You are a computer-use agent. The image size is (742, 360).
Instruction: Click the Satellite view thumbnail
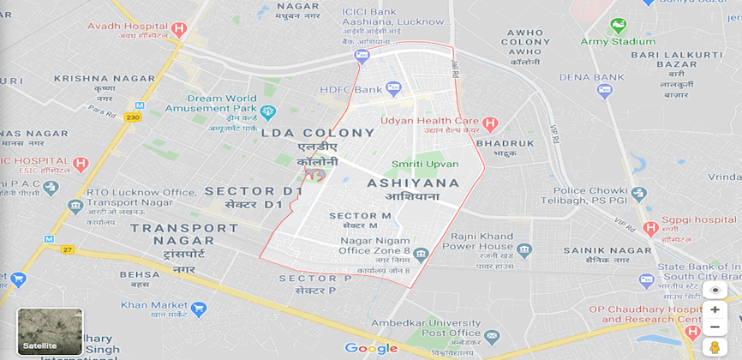click(50, 332)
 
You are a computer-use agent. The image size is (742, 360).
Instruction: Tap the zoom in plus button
click(715, 309)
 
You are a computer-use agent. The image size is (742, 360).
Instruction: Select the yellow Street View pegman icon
click(714, 347)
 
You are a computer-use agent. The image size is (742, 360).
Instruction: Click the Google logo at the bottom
click(371, 348)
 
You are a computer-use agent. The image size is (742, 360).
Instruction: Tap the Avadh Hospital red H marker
click(178, 29)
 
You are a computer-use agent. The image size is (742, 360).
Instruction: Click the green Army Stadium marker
click(618, 26)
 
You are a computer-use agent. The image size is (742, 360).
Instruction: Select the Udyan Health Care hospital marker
click(490, 124)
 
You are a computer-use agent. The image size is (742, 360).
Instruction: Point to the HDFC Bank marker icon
click(393, 88)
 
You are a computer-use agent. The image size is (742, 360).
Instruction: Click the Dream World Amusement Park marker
click(267, 111)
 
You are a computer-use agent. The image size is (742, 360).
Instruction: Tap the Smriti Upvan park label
click(425, 164)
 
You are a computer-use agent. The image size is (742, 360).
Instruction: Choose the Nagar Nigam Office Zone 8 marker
click(421, 255)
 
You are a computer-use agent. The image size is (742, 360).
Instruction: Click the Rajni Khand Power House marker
click(524, 249)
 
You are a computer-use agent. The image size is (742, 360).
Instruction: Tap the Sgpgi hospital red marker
click(650, 228)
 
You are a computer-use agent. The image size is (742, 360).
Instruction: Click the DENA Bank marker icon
click(605, 89)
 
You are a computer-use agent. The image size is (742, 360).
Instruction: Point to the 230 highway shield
click(133, 117)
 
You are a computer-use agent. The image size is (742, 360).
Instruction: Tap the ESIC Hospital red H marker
click(81, 164)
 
